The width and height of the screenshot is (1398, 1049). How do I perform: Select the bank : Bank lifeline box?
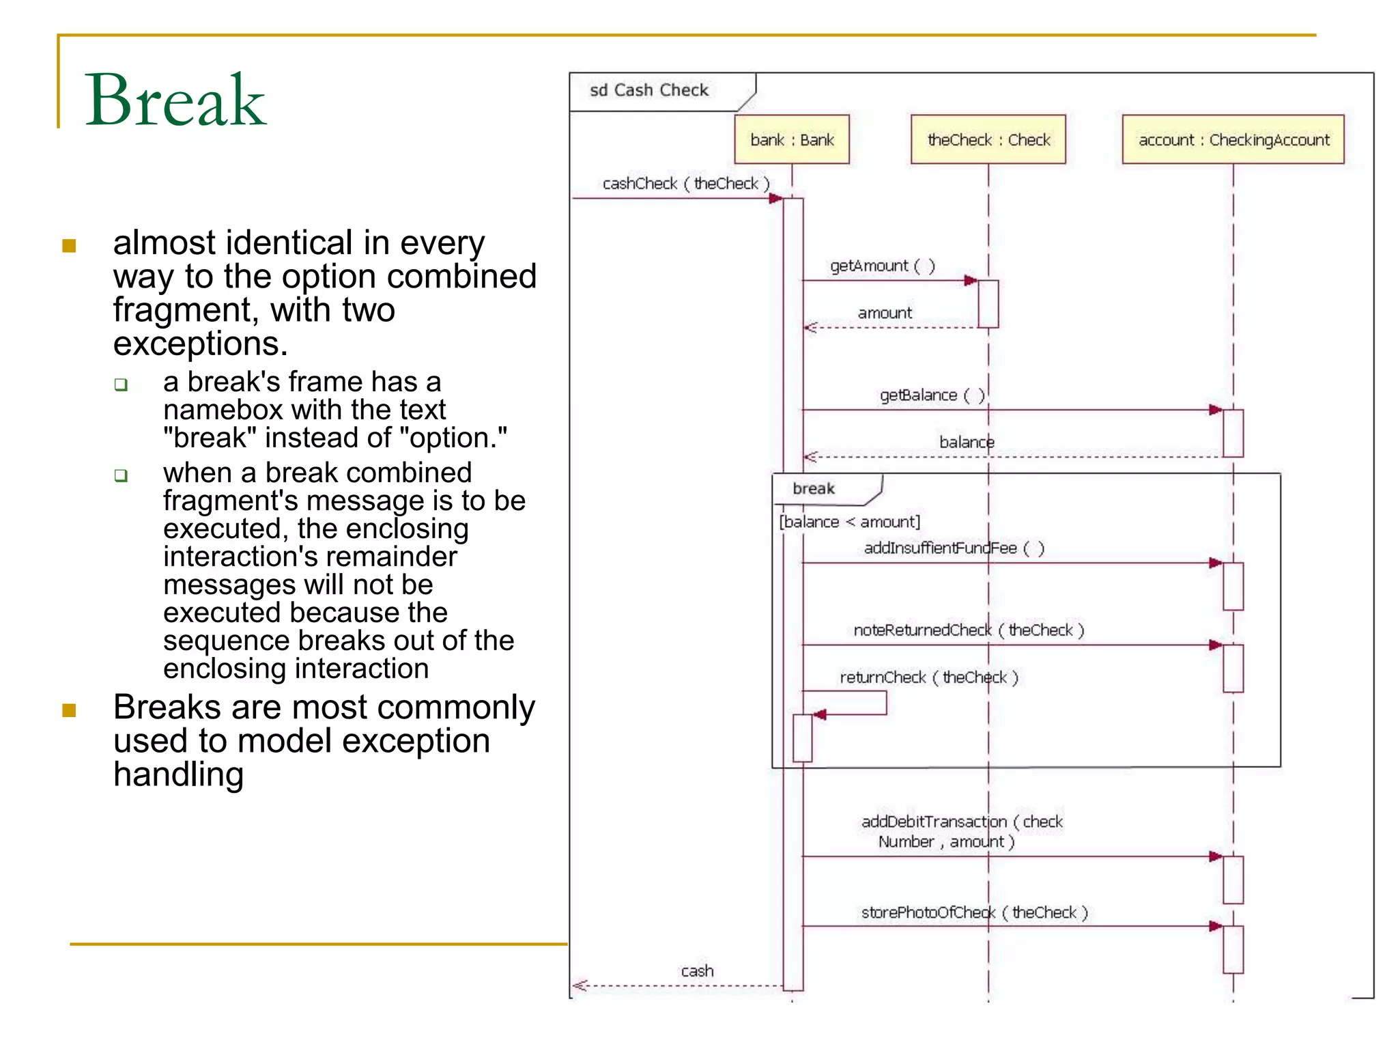point(792,139)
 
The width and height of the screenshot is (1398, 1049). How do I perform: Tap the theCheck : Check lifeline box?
point(988,139)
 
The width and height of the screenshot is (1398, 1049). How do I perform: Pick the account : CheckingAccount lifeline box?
point(1233,139)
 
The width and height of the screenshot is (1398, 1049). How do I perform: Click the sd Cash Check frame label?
point(648,90)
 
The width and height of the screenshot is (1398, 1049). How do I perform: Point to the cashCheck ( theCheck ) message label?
point(685,183)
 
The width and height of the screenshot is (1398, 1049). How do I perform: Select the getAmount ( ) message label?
point(882,265)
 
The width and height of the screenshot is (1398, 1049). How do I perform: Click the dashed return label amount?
point(885,313)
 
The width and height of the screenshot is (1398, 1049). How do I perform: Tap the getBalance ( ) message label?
point(931,395)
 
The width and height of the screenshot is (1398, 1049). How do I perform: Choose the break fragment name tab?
point(814,488)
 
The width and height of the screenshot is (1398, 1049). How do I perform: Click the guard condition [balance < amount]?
point(849,522)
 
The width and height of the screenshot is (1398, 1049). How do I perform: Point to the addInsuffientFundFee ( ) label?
point(954,548)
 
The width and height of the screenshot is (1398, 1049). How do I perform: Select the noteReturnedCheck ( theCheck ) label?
point(969,630)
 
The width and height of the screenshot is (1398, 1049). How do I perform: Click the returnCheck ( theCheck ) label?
point(928,677)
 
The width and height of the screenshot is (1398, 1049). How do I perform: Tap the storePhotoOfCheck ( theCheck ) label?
point(974,912)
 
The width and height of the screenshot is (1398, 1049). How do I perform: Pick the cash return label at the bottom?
point(697,970)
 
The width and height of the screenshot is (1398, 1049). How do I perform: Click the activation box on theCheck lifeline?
point(988,303)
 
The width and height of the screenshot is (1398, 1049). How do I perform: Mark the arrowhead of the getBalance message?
point(1216,410)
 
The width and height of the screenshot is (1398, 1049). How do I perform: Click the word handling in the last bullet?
point(179,774)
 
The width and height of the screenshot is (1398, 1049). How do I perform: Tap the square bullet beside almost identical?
point(69,245)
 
